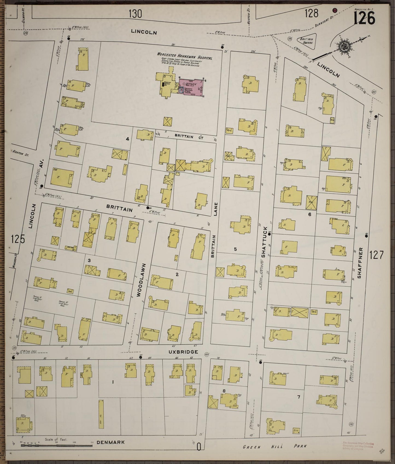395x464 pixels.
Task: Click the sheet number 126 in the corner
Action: coord(364,18)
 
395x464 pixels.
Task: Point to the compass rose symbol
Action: coord(342,46)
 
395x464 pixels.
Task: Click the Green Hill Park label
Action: coord(275,446)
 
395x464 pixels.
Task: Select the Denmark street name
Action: coord(111,442)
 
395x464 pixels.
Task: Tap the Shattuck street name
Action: coord(264,242)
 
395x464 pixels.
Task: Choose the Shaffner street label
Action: coord(359,263)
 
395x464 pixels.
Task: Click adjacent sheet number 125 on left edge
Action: coord(18,239)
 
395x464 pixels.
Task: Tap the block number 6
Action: coord(309,214)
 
